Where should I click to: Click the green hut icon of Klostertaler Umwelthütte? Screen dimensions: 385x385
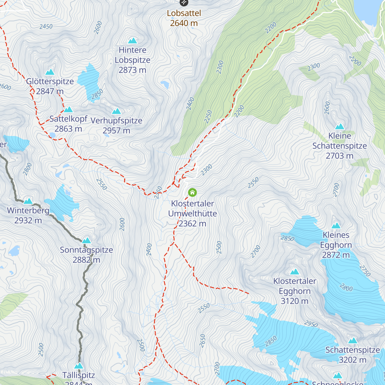tap(192, 193)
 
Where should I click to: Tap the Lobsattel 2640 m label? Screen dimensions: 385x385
tap(184, 18)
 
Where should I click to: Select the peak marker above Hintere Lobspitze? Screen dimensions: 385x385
tap(133, 41)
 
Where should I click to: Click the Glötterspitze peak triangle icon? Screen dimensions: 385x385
tap(50, 72)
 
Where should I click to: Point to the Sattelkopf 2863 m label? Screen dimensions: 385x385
tap(68, 124)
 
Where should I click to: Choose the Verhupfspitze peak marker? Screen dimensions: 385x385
tap(116, 111)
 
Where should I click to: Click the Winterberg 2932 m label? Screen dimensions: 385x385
tap(28, 216)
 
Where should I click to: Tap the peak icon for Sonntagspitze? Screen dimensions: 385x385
tap(86, 240)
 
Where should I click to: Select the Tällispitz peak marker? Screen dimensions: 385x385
tap(79, 366)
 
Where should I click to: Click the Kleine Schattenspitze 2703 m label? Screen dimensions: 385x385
tap(339, 146)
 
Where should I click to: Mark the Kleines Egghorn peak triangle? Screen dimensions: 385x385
tap(336, 226)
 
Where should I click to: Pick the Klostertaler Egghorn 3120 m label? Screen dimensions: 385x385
tap(295, 291)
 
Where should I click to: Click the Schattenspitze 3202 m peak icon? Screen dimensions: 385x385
tap(353, 340)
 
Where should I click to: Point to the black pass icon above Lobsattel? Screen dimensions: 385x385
tap(184, 2)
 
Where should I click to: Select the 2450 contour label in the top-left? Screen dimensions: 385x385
tap(46, 27)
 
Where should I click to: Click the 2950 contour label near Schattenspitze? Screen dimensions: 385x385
tap(311, 324)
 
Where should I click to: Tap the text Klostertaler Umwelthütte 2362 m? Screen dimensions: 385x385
tap(193, 214)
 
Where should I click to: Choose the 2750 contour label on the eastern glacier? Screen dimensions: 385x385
tap(365, 271)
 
